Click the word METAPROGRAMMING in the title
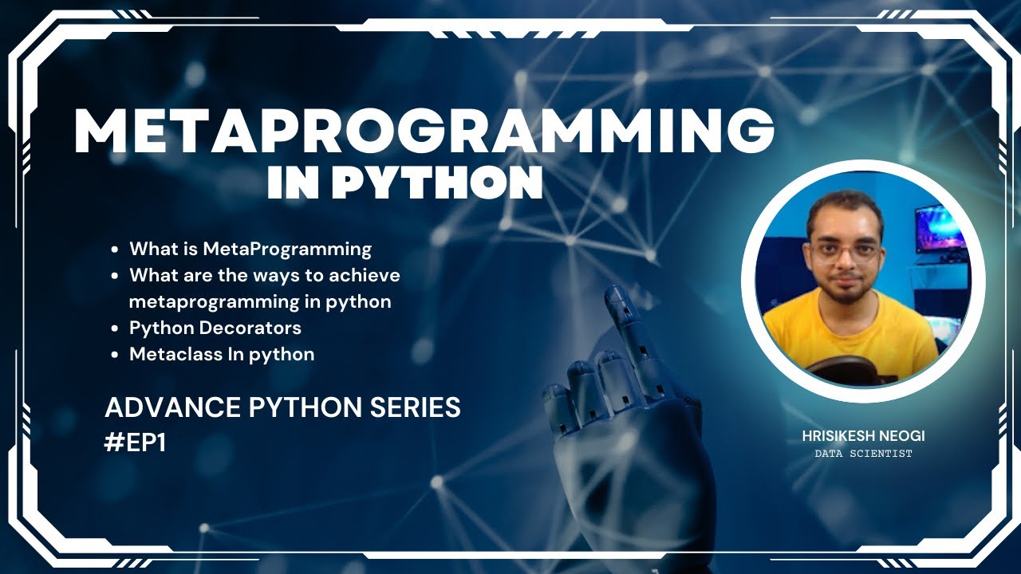pyautogui.click(x=424, y=132)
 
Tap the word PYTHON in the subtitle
pyautogui.click(x=437, y=183)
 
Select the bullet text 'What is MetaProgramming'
pyautogui.click(x=250, y=249)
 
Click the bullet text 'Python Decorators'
pyautogui.click(x=215, y=328)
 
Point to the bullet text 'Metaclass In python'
pyautogui.click(x=222, y=354)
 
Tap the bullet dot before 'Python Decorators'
pyautogui.click(x=116, y=328)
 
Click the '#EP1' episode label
pyautogui.click(x=135, y=443)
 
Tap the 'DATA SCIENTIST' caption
pyautogui.click(x=863, y=454)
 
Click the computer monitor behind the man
pyautogui.click(x=942, y=231)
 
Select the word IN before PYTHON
pyautogui.click(x=294, y=183)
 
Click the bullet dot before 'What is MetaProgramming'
pyautogui.click(x=116, y=250)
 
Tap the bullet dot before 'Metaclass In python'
pyautogui.click(x=116, y=355)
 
